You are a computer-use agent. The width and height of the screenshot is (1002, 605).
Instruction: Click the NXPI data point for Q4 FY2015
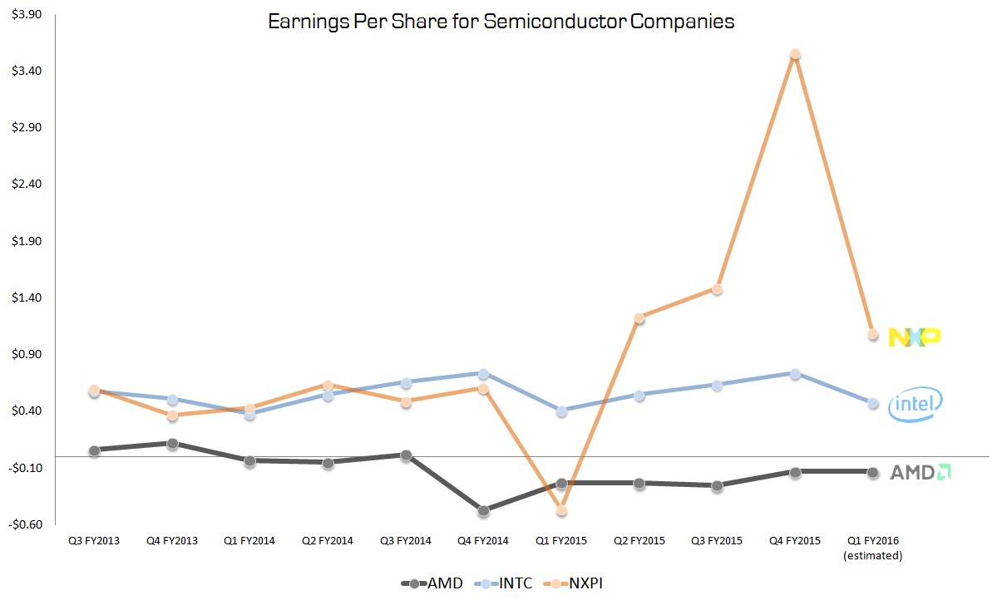click(x=795, y=55)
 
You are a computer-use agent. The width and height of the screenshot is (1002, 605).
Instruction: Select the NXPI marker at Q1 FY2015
click(x=561, y=510)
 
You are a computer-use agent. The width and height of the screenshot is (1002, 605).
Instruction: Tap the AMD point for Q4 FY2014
click(x=484, y=510)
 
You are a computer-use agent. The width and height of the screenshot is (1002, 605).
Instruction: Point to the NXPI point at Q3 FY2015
click(x=717, y=289)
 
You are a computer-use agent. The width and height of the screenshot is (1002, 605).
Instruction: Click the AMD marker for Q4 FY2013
click(x=172, y=444)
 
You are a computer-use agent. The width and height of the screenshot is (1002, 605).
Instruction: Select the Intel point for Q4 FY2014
click(x=484, y=374)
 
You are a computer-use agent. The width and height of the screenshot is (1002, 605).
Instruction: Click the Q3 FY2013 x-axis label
click(x=94, y=541)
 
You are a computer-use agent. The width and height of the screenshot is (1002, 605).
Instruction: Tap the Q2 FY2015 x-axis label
click(x=639, y=541)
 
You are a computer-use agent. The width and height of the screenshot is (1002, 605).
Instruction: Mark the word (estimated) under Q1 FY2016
click(x=873, y=555)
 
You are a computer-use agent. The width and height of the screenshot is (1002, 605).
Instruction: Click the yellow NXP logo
click(x=915, y=337)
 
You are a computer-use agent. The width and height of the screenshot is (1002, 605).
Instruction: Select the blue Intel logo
click(x=916, y=405)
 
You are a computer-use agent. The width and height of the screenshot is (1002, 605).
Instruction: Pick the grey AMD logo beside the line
click(x=921, y=472)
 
